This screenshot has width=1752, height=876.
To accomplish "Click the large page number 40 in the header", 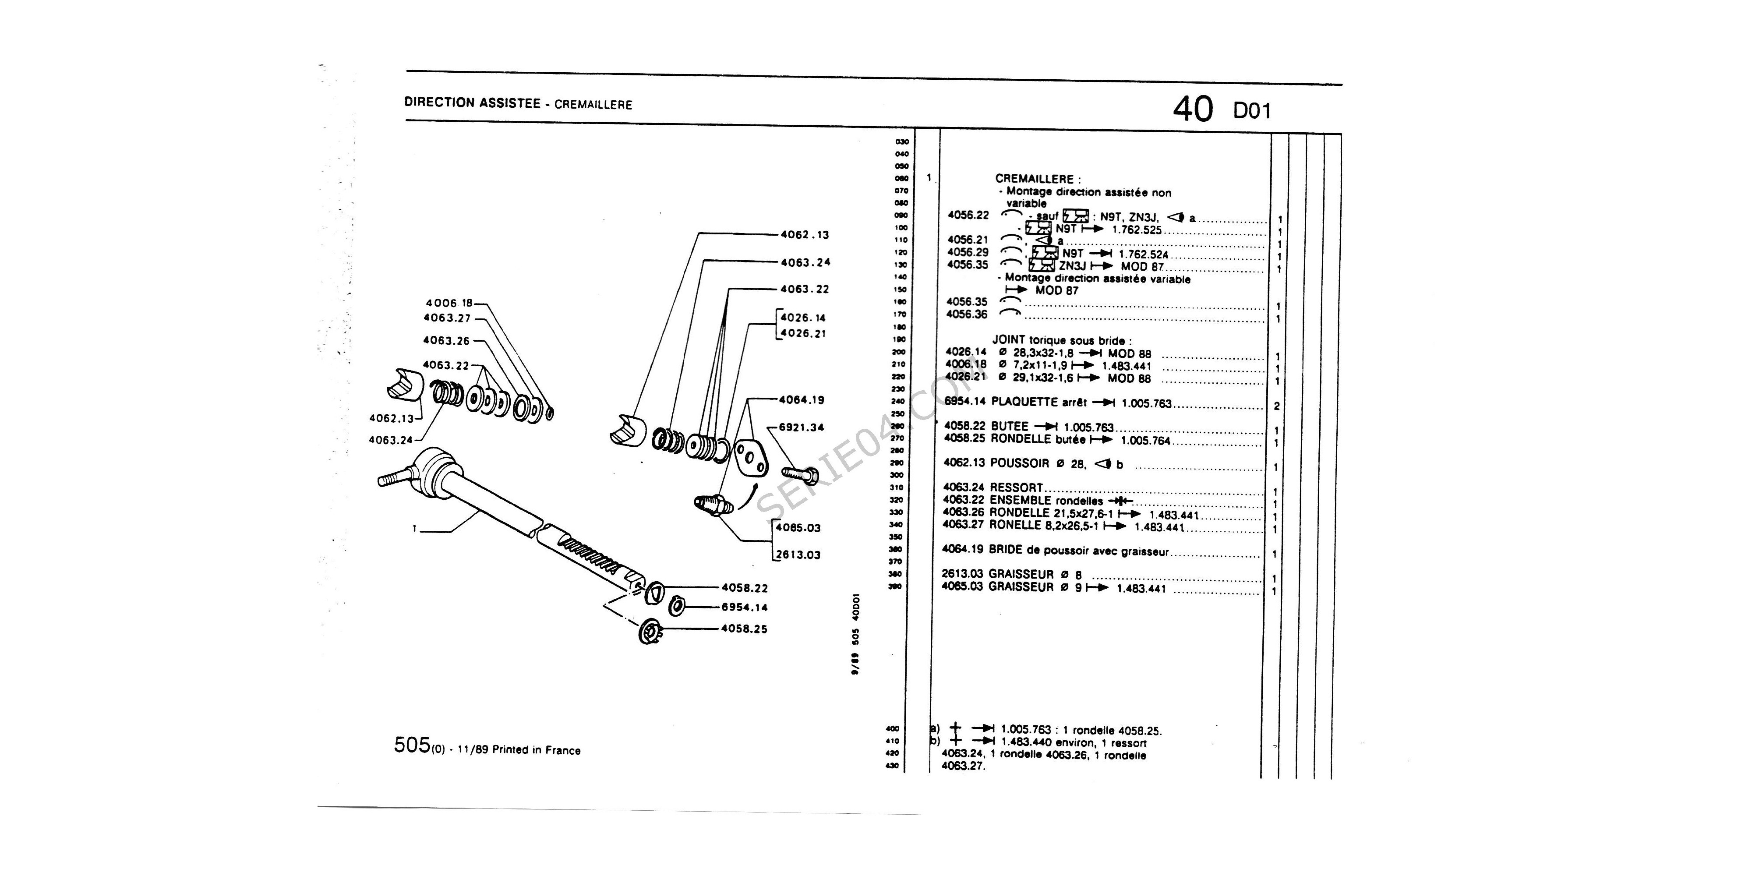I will coord(1192,109).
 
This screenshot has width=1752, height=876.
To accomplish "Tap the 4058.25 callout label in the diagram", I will coord(744,629).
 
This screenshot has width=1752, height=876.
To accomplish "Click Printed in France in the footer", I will coord(536,751).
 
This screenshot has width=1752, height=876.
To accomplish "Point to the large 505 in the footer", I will coord(411,745).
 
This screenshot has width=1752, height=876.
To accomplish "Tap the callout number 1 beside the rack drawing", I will coord(414,528).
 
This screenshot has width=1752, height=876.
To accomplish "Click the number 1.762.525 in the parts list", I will coord(1137,230).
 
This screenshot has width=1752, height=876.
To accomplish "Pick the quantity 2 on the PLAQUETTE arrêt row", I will coord(1277,406).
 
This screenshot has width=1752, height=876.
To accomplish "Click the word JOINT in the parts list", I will coord(1008,340).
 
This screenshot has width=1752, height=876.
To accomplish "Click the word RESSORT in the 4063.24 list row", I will coord(1016,487).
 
